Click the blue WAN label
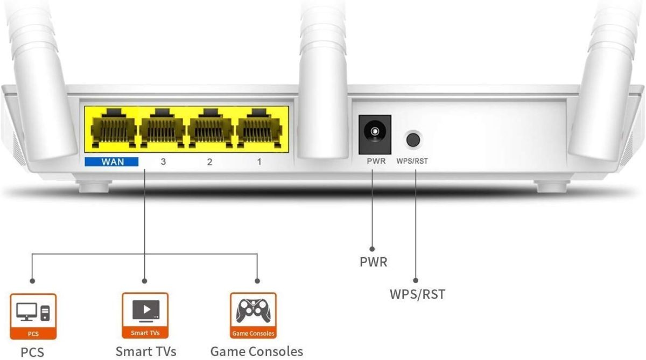[111, 161]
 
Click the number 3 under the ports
[163, 161]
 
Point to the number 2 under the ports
[210, 161]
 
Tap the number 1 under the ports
[259, 161]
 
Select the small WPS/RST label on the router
[412, 161]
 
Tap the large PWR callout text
[374, 262]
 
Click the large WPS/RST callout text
[417, 294]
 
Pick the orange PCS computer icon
[33, 316]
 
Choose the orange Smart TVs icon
[145, 316]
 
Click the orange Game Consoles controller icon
[253, 316]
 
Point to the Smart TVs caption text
[146, 351]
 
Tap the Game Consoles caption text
[257, 351]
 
